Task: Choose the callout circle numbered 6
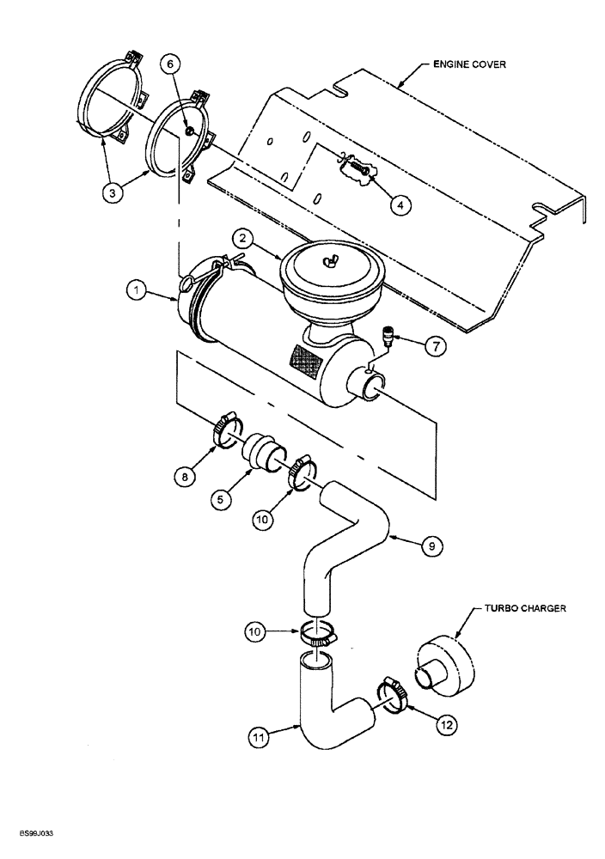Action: coord(169,64)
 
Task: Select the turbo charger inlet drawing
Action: coord(445,665)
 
